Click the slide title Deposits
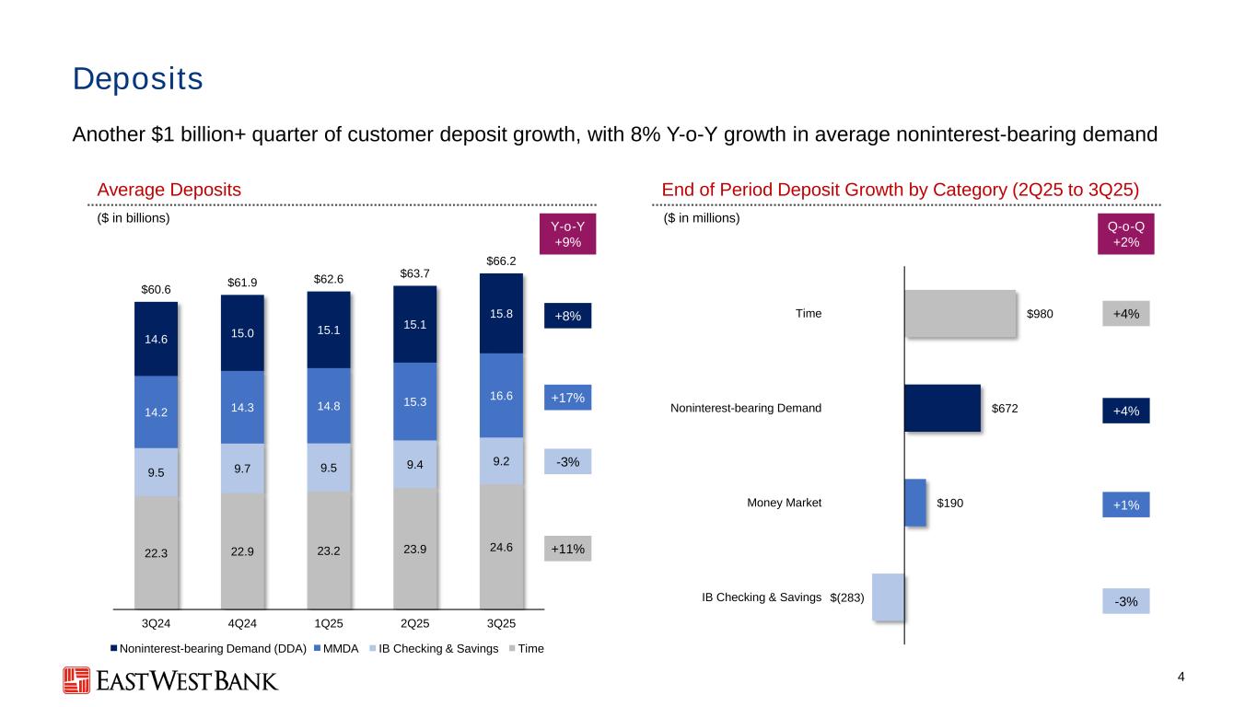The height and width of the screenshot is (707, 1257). click(138, 79)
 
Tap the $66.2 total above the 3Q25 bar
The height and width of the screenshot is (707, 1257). click(501, 261)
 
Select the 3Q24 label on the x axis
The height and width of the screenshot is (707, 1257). click(156, 623)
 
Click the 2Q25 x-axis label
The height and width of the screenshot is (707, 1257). click(414, 623)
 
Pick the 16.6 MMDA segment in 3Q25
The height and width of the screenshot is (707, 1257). click(501, 395)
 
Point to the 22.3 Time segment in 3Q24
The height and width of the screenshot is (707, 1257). click(156, 552)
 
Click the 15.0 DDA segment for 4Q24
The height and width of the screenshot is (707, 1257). click(242, 332)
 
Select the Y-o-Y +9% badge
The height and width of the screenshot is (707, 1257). click(567, 234)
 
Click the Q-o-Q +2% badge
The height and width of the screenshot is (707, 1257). click(1125, 234)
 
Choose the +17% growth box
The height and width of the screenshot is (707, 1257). click(567, 398)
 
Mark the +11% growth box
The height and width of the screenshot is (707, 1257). click(567, 549)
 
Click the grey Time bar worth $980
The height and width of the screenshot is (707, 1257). click(960, 314)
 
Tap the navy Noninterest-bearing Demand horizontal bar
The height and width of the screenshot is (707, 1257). click(942, 408)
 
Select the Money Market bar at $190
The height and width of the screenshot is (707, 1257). click(914, 503)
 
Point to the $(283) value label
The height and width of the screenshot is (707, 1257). click(847, 597)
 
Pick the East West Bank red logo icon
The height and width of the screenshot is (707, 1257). click(76, 680)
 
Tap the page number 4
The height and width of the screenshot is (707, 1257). click(1181, 678)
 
